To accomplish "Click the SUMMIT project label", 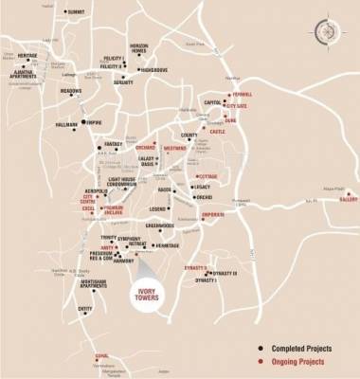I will coord(78,11).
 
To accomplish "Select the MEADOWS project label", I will coord(72,91).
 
